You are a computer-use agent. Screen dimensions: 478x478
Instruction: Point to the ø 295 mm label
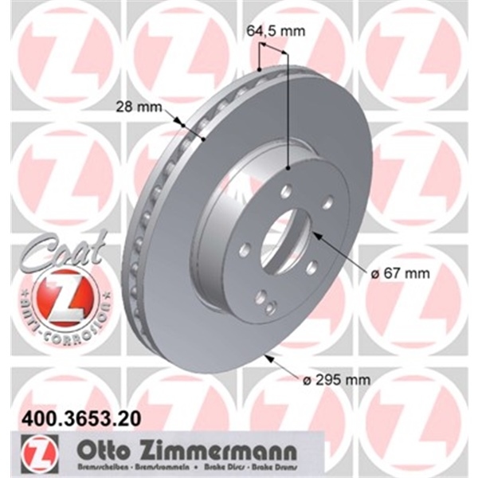[336, 380]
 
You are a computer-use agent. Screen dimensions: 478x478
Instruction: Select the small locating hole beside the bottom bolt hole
[271, 308]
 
